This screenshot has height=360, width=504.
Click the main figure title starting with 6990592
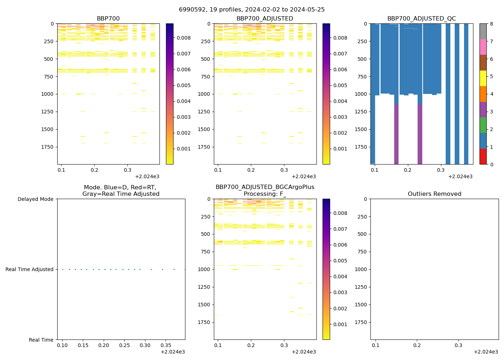click(252, 10)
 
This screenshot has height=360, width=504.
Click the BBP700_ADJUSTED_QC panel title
click(422, 19)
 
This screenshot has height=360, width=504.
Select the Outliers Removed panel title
click(435, 194)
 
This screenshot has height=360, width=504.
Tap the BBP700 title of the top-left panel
click(108, 19)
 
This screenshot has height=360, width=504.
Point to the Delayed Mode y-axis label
click(35, 199)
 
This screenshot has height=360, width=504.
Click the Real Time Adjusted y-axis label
click(30, 269)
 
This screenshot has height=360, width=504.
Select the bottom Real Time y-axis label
click(41, 340)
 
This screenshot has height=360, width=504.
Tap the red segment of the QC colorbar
click(483, 157)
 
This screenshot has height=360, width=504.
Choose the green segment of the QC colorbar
click(483, 125)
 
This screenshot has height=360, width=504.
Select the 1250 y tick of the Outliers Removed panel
click(361, 287)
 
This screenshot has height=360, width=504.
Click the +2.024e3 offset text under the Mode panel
click(173, 352)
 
